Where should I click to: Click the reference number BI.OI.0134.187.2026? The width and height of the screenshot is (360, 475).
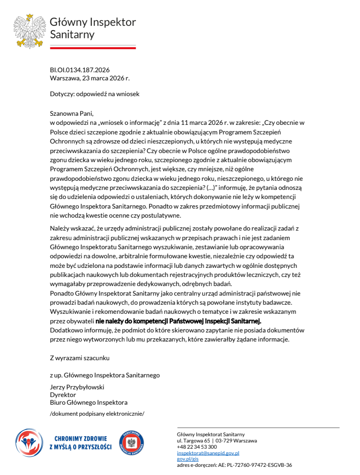click(x=79, y=70)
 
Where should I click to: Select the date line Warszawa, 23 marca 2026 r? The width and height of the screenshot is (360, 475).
click(x=90, y=77)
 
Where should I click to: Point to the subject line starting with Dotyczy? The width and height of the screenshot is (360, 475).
click(x=94, y=94)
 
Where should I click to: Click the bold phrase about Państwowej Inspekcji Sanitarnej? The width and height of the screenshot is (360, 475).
click(x=178, y=320)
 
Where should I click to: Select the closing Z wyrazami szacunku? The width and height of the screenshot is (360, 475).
click(x=80, y=357)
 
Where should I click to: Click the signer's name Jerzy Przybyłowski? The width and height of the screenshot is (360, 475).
click(x=77, y=387)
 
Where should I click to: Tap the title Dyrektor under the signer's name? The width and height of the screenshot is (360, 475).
click(x=63, y=395)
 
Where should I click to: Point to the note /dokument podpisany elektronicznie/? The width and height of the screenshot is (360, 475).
click(x=97, y=413)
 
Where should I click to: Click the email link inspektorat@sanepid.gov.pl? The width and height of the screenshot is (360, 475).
click(x=208, y=453)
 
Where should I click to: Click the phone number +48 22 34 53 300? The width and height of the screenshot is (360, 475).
click(x=197, y=447)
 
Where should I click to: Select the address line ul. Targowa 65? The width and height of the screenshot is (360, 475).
click(x=193, y=441)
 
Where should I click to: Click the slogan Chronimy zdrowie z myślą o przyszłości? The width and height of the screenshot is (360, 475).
click(x=80, y=442)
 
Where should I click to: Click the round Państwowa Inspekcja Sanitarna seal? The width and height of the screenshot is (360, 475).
click(x=132, y=442)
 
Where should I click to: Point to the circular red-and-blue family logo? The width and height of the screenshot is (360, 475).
click(x=29, y=442)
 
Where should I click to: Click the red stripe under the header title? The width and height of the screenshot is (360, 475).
click(x=93, y=47)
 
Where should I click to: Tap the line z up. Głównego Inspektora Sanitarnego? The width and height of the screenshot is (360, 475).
click(x=104, y=376)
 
